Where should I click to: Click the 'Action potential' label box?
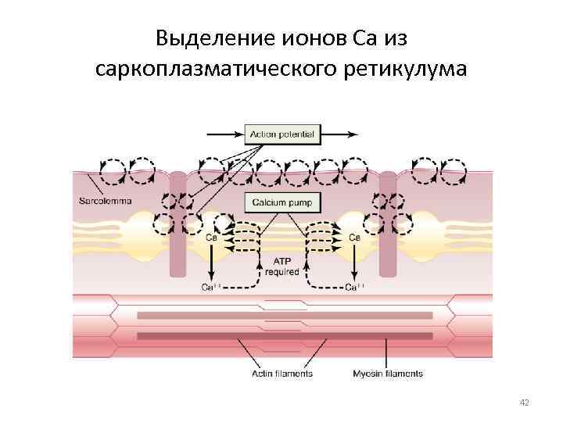281,134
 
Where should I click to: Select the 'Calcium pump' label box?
281,202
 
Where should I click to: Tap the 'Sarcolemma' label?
106,201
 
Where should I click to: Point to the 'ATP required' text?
281,267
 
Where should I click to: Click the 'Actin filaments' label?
281,374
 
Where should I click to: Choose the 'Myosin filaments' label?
387,374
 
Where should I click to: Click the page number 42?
525,402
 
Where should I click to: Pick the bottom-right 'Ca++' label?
354,288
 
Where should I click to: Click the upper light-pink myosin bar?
285,316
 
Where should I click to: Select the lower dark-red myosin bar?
285,336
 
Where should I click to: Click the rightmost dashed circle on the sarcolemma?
454,170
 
